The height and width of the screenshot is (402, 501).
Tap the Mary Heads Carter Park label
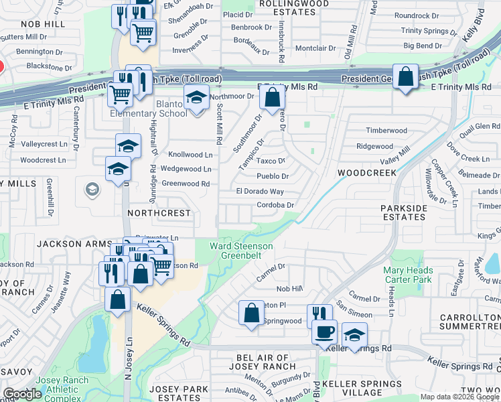(x=408, y=275)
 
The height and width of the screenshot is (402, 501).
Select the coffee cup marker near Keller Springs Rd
(x=325, y=332)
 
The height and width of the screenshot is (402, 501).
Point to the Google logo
(x=22, y=394)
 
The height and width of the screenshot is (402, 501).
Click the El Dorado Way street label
(x=260, y=192)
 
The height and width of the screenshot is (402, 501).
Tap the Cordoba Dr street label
(x=275, y=205)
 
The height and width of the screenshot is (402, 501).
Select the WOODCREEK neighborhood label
(x=367, y=172)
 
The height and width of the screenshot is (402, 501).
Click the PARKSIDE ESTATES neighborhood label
(x=404, y=212)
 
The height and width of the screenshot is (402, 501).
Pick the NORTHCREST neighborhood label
(x=159, y=212)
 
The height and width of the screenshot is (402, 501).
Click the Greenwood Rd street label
(x=186, y=184)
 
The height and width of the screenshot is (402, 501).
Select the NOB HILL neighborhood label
(x=43, y=23)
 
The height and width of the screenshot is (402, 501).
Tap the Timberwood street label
(x=386, y=131)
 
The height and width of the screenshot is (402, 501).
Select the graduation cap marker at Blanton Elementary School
(x=196, y=98)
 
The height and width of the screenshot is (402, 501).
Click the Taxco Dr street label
(x=272, y=161)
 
